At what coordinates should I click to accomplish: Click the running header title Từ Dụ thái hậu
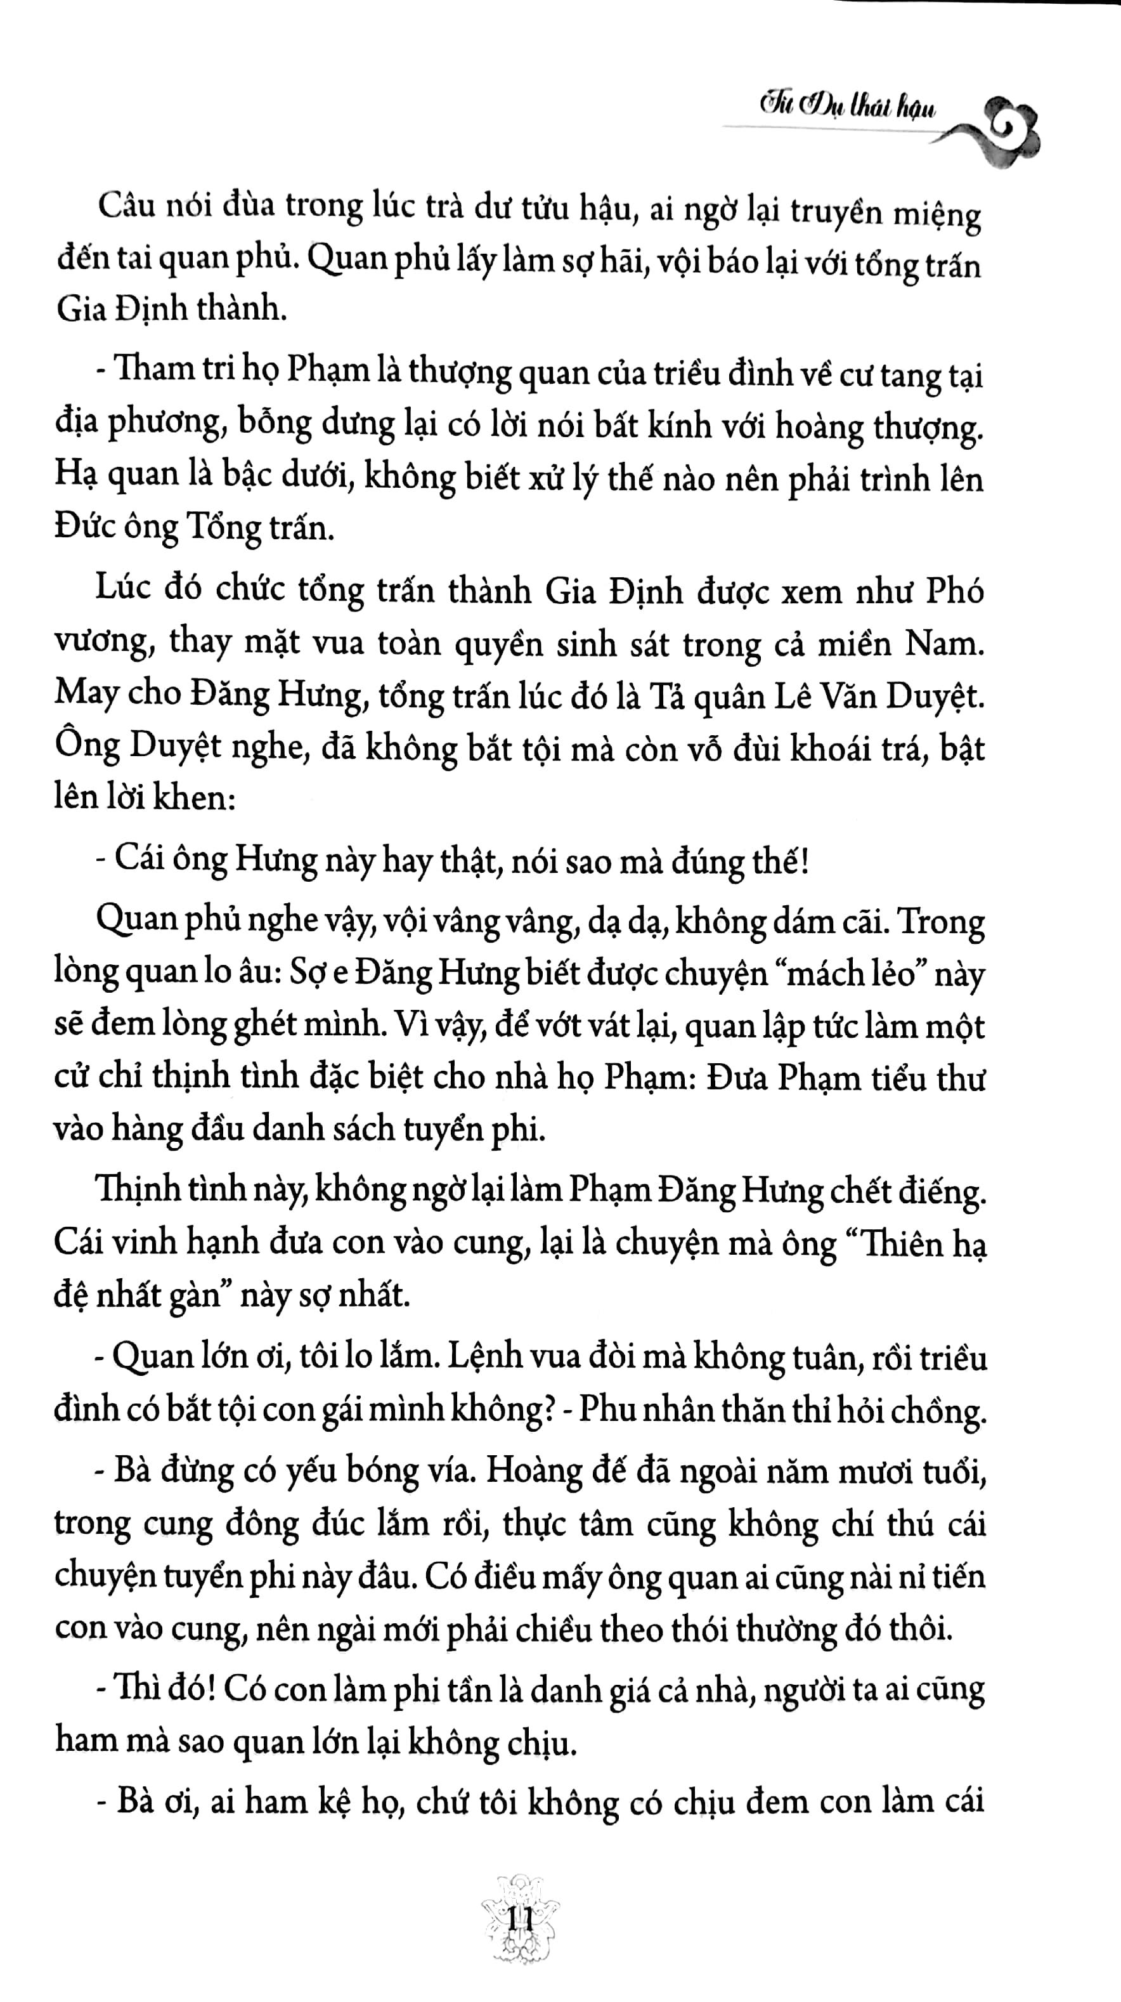tap(846, 110)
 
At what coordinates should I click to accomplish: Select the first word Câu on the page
tap(128, 207)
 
